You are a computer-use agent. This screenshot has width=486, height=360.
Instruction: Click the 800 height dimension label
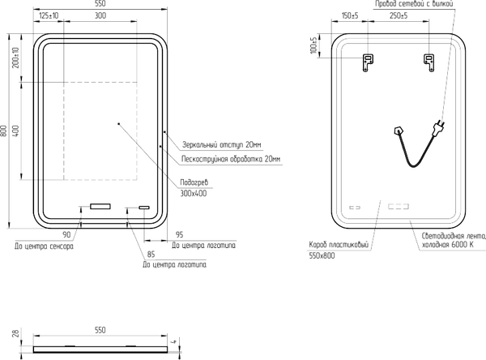(x=4, y=131)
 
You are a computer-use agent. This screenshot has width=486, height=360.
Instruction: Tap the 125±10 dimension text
(x=49, y=15)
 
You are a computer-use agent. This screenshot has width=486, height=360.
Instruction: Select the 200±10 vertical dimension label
(x=15, y=58)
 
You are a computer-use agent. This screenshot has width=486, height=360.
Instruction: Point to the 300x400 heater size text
(x=194, y=194)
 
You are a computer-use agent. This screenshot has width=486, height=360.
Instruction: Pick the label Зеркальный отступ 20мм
(x=222, y=145)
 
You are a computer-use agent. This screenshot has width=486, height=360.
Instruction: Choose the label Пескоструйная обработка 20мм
(x=231, y=159)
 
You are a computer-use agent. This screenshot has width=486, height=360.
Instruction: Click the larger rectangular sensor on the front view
(x=100, y=207)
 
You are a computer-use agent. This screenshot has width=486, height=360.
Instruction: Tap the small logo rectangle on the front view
(x=144, y=208)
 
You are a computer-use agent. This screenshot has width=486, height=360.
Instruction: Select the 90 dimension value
(x=66, y=234)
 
